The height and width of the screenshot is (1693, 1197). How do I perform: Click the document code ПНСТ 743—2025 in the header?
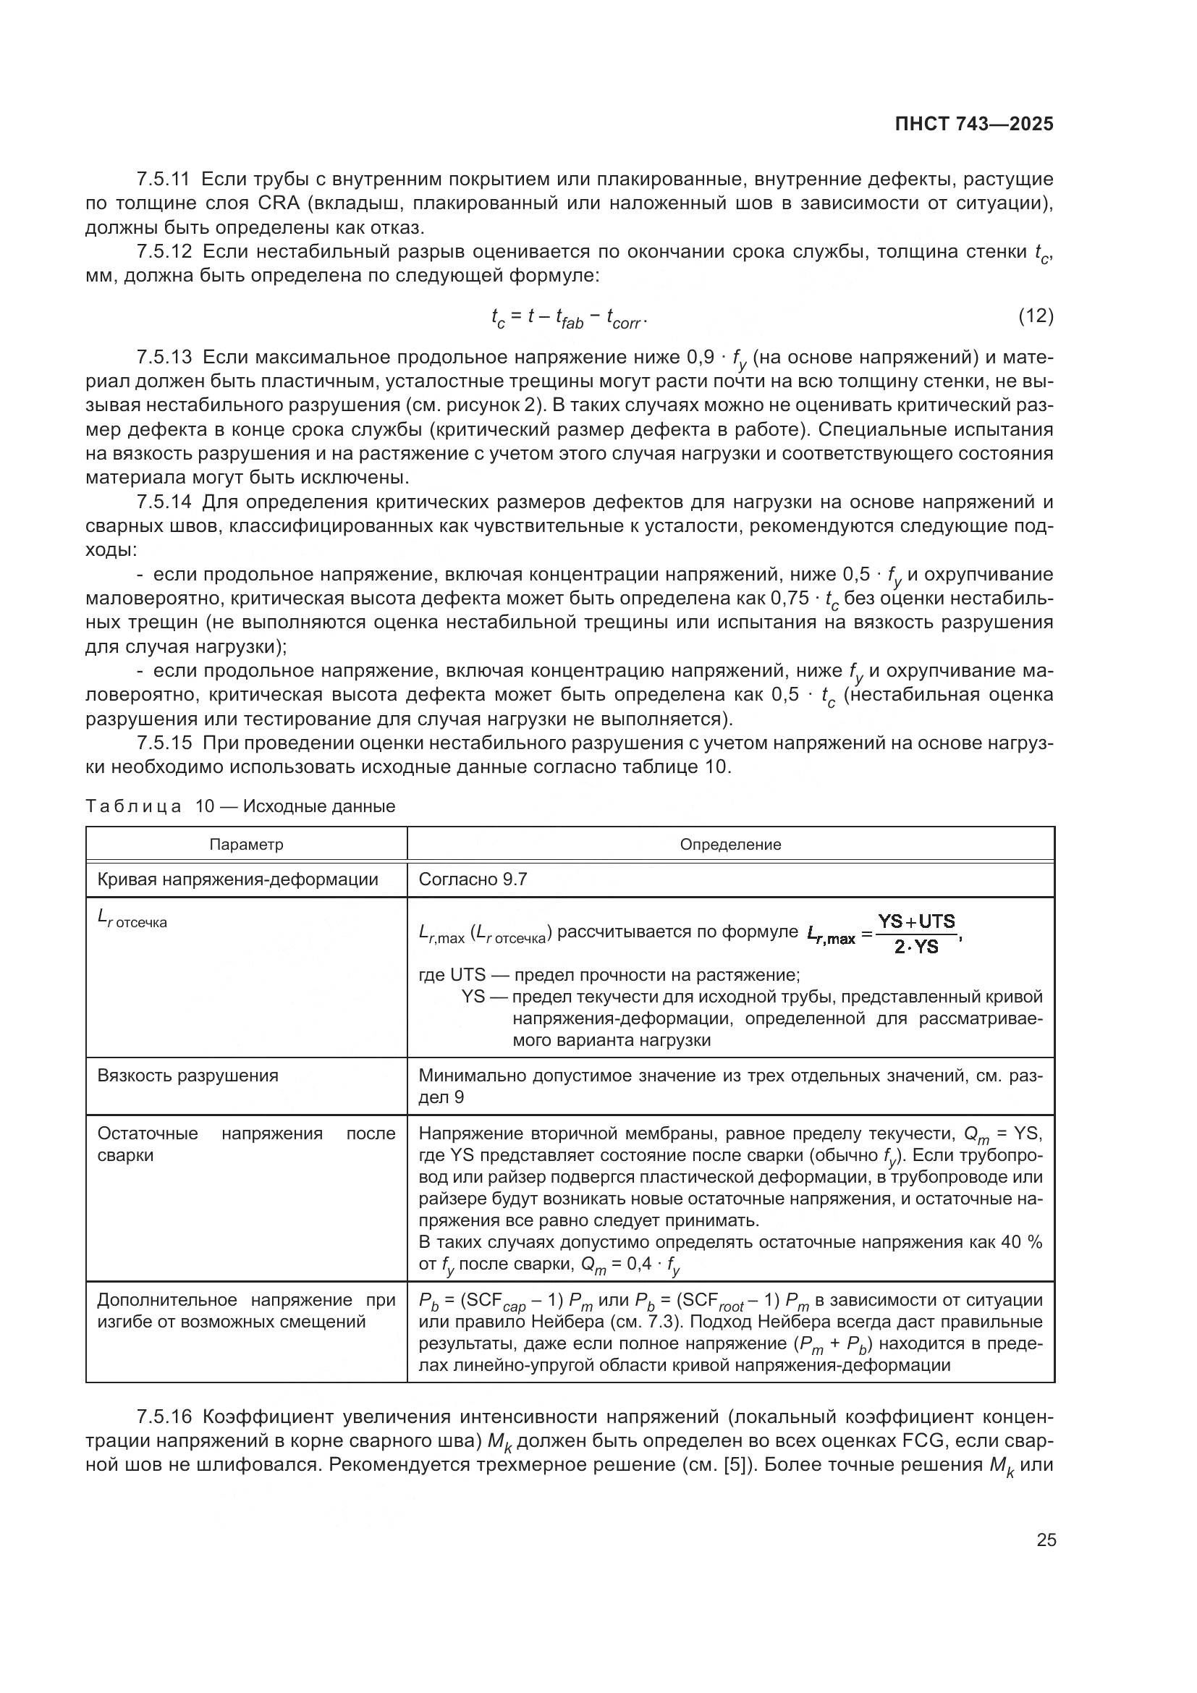(x=973, y=124)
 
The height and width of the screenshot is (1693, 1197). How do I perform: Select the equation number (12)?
(x=1036, y=316)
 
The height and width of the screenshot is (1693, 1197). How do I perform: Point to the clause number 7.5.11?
(x=164, y=180)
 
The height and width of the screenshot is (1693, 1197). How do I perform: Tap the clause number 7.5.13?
(x=164, y=358)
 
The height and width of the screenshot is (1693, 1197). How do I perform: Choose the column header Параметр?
(x=246, y=844)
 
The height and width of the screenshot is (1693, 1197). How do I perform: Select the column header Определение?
(x=729, y=844)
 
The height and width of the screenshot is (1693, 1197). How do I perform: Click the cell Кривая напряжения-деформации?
(x=237, y=879)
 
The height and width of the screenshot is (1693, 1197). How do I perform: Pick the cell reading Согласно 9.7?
(x=473, y=879)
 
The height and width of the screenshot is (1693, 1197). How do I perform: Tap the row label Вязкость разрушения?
(x=188, y=1075)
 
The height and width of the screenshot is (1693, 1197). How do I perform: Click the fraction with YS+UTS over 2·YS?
(x=916, y=934)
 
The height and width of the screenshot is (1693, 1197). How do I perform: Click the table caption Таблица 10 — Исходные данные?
(x=240, y=806)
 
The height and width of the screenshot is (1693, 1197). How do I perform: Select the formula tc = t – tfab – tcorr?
(x=568, y=318)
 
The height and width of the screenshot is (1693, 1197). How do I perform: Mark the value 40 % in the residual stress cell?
(x=1022, y=1243)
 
